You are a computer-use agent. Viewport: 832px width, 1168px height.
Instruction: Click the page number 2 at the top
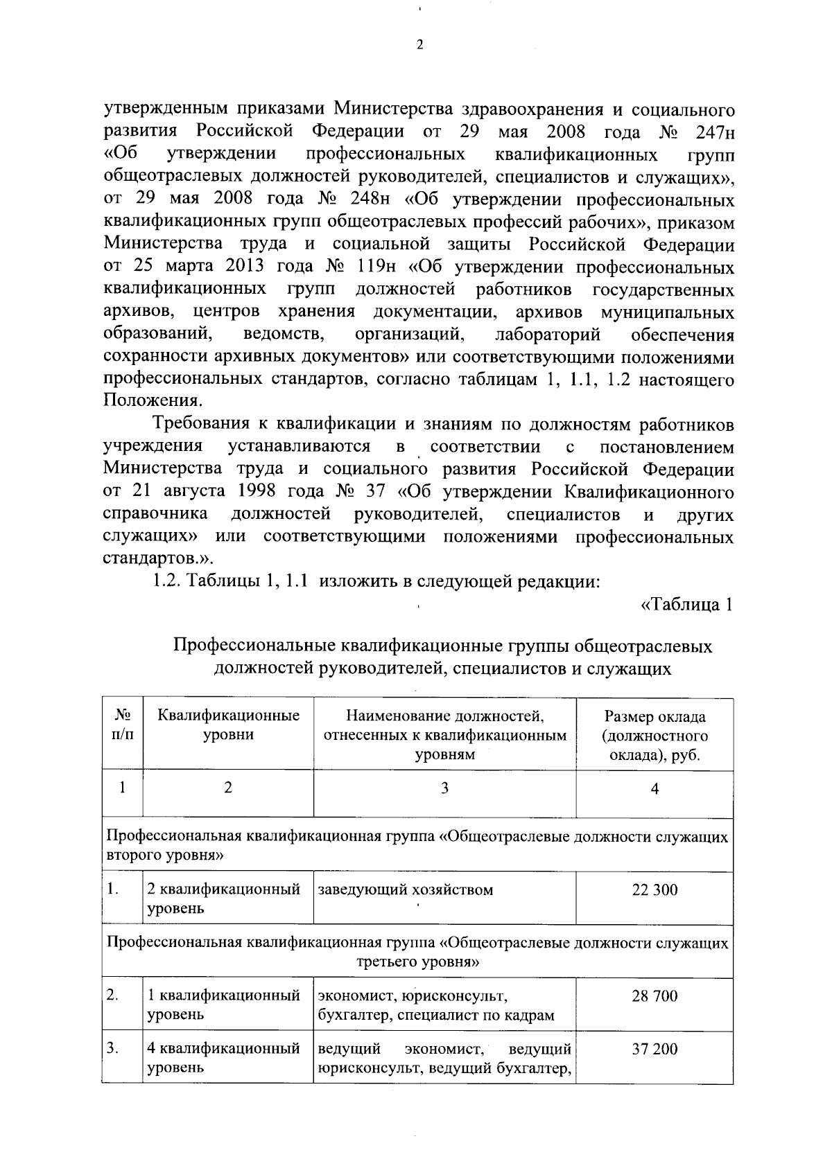[418, 46]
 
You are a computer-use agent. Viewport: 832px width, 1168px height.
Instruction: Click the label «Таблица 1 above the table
[686, 605]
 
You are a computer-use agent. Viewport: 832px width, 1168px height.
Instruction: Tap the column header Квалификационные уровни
[228, 725]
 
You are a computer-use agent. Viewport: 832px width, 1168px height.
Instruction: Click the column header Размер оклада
[655, 716]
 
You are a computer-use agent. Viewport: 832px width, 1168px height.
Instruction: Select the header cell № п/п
[122, 725]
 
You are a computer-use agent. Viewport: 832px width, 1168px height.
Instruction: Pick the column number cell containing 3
[444, 788]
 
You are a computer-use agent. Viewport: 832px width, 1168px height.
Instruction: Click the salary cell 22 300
[655, 890]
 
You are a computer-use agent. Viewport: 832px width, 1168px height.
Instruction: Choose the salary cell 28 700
[655, 996]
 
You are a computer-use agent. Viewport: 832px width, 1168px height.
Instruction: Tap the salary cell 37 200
[655, 1050]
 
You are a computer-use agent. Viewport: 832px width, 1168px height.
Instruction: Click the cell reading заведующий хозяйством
[405, 890]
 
